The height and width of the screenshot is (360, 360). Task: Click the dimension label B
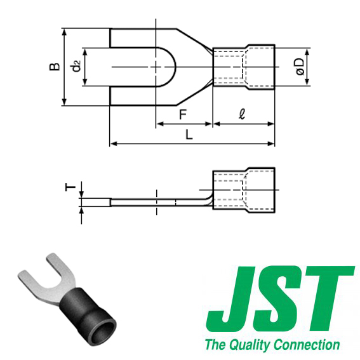pyautogui.click(x=55, y=66)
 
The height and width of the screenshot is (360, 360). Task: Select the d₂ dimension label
pyautogui.click(x=76, y=66)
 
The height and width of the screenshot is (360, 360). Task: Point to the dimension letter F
pyautogui.click(x=183, y=114)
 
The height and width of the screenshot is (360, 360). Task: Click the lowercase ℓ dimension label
pyautogui.click(x=243, y=114)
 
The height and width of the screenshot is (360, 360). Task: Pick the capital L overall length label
pyautogui.click(x=189, y=134)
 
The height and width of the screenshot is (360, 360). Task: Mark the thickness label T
pyautogui.click(x=71, y=187)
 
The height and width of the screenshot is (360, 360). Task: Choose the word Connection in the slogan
pyautogui.click(x=307, y=345)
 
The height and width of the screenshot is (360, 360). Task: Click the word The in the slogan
pyautogui.click(x=214, y=345)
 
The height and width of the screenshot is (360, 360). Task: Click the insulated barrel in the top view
pyautogui.click(x=244, y=66)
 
